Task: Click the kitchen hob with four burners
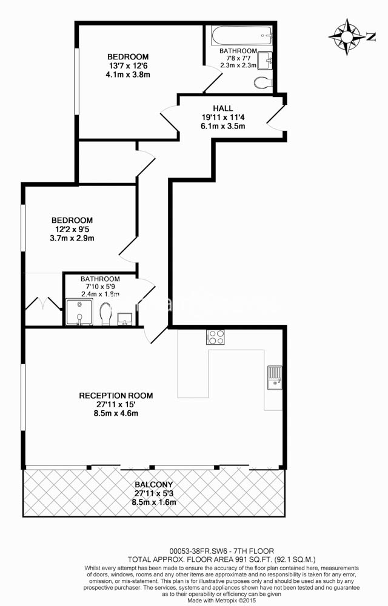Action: click(x=215, y=337)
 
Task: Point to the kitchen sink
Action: click(x=275, y=378)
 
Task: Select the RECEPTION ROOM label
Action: click(x=116, y=396)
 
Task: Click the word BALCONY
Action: click(x=153, y=485)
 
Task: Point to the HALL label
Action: click(x=222, y=108)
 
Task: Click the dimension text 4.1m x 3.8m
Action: click(x=129, y=75)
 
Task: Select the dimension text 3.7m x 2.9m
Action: click(x=72, y=238)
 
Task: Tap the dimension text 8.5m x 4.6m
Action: click(x=116, y=414)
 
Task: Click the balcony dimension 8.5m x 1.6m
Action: click(x=153, y=502)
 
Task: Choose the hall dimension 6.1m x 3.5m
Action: click(x=222, y=127)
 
